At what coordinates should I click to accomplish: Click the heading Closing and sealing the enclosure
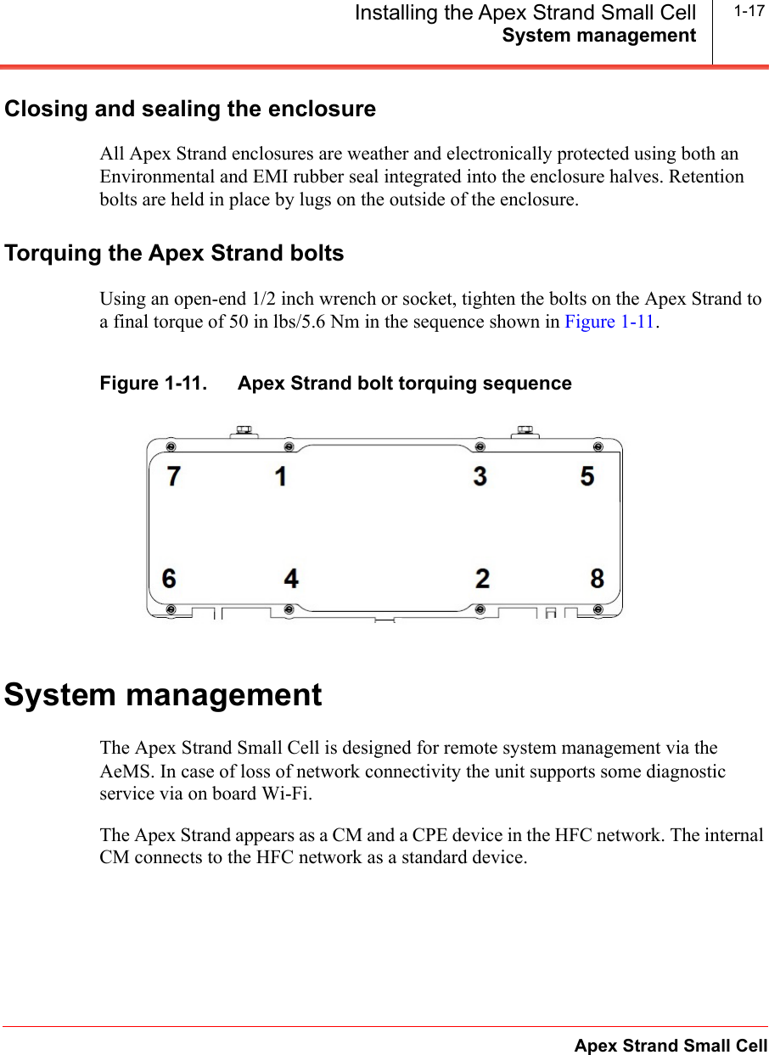click(190, 109)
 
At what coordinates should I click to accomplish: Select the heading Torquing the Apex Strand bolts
click(174, 254)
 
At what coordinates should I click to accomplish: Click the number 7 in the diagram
click(173, 477)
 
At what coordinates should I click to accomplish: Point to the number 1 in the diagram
click(280, 477)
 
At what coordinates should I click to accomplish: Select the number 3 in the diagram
click(480, 477)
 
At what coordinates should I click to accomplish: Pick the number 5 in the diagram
click(587, 477)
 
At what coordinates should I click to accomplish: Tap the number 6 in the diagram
click(170, 579)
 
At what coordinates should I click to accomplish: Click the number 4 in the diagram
click(291, 579)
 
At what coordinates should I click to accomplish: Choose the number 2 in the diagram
click(482, 579)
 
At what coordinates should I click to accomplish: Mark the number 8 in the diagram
click(598, 579)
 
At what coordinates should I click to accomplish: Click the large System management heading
click(164, 695)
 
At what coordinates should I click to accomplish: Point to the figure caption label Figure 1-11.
click(153, 384)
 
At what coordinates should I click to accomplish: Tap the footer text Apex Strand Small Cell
click(671, 1046)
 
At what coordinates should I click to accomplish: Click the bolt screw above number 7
click(171, 446)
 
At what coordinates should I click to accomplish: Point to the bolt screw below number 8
click(598, 609)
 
